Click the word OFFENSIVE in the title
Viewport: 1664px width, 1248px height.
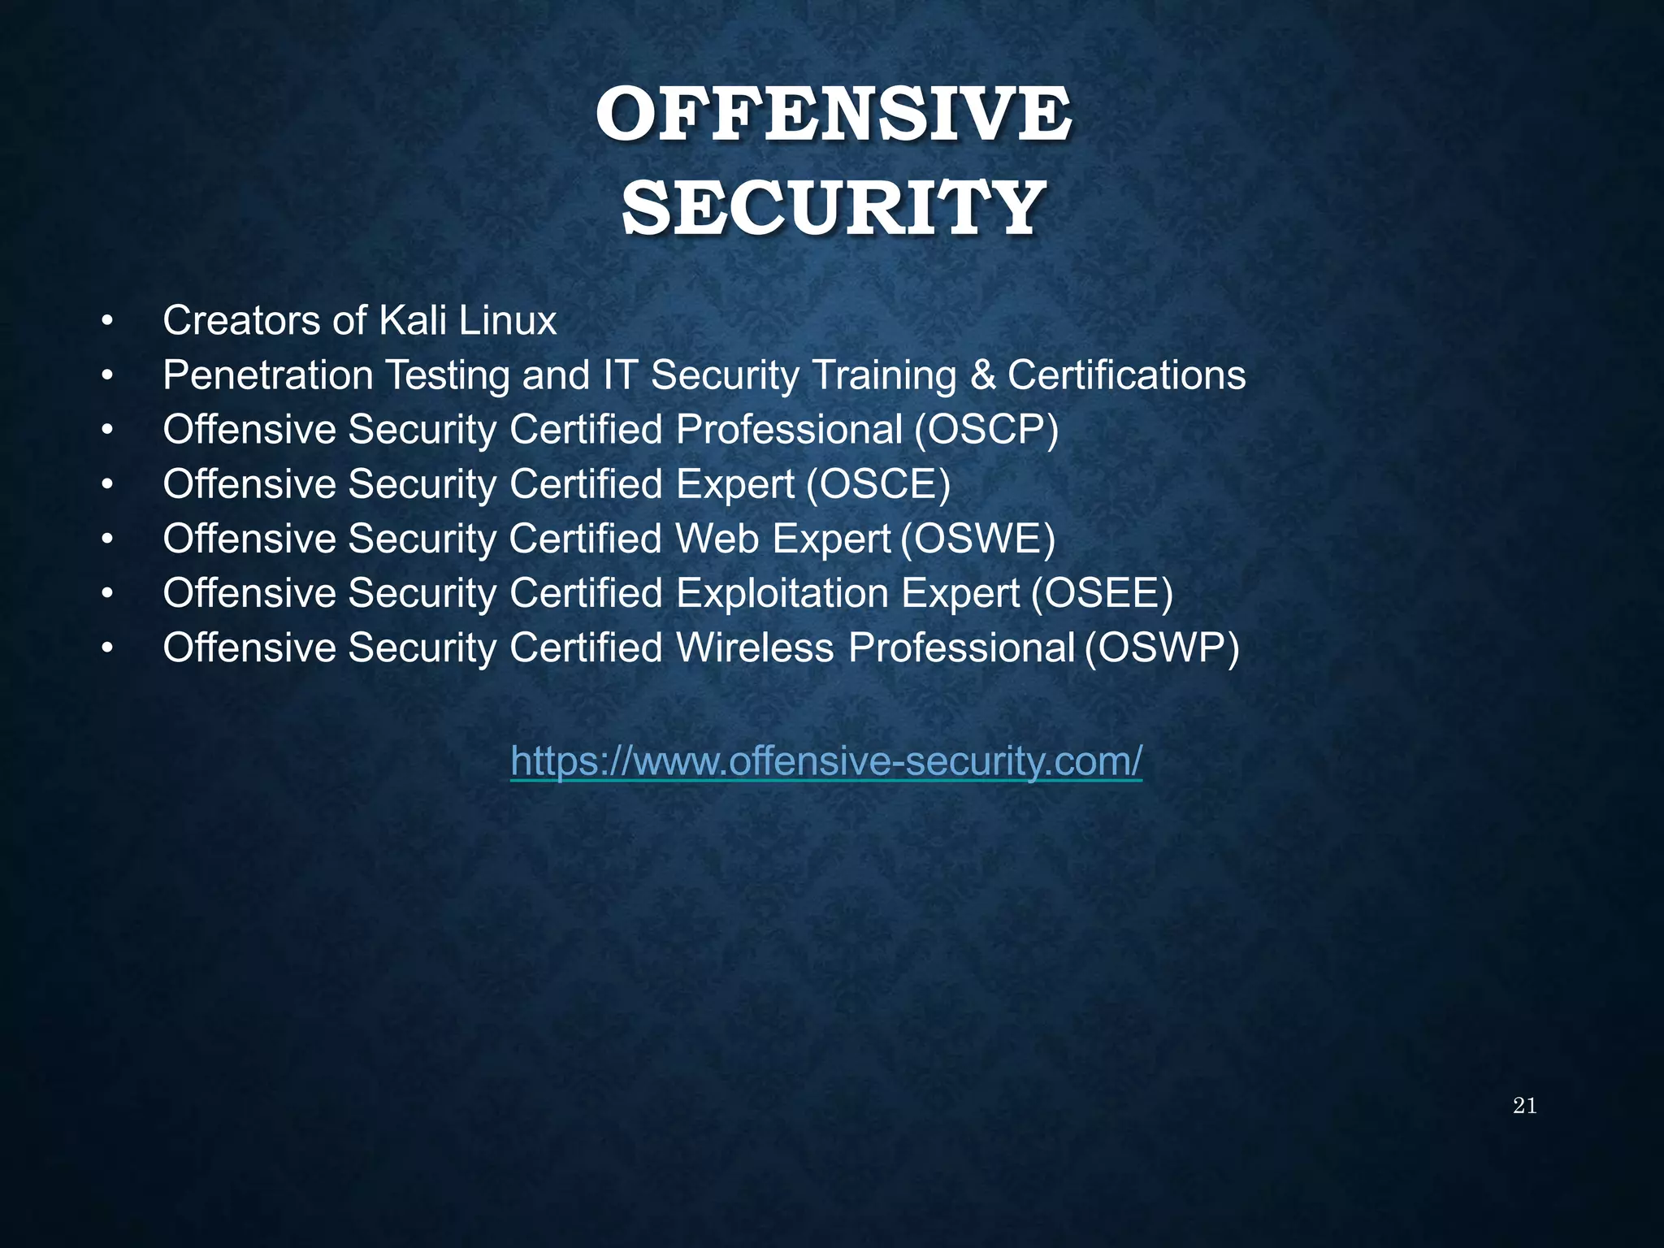pyautogui.click(x=833, y=115)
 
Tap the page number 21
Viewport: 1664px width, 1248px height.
pyautogui.click(x=1524, y=1106)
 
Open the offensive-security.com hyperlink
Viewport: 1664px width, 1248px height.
pyautogui.click(x=826, y=762)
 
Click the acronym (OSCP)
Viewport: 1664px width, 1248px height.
pyautogui.click(x=986, y=430)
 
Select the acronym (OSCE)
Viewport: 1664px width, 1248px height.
pyautogui.click(x=878, y=485)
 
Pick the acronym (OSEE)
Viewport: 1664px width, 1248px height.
pyautogui.click(x=1102, y=594)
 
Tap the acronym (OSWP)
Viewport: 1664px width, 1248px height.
pyautogui.click(x=1163, y=648)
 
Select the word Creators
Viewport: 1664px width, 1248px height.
pyautogui.click(x=241, y=321)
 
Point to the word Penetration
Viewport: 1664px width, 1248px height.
pyautogui.click(x=267, y=375)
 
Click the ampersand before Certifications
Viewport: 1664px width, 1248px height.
pyautogui.click(x=982, y=375)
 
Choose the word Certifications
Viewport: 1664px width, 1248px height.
pyautogui.click(x=1127, y=375)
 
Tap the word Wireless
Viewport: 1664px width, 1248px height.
pyautogui.click(x=755, y=648)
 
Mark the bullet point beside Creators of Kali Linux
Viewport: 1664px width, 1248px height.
pyautogui.click(x=106, y=323)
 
